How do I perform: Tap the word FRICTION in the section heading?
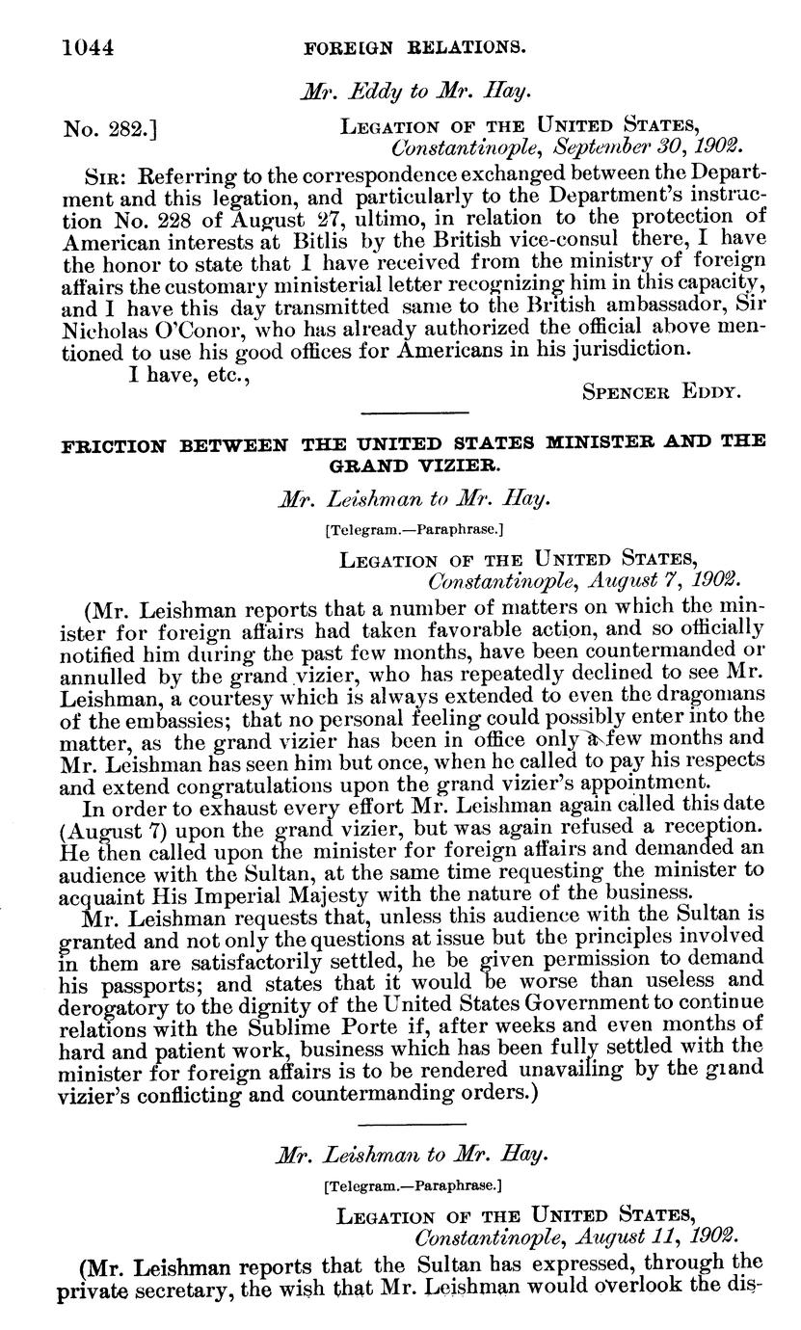pos(114,444)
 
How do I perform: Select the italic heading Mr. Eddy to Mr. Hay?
pos(414,93)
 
